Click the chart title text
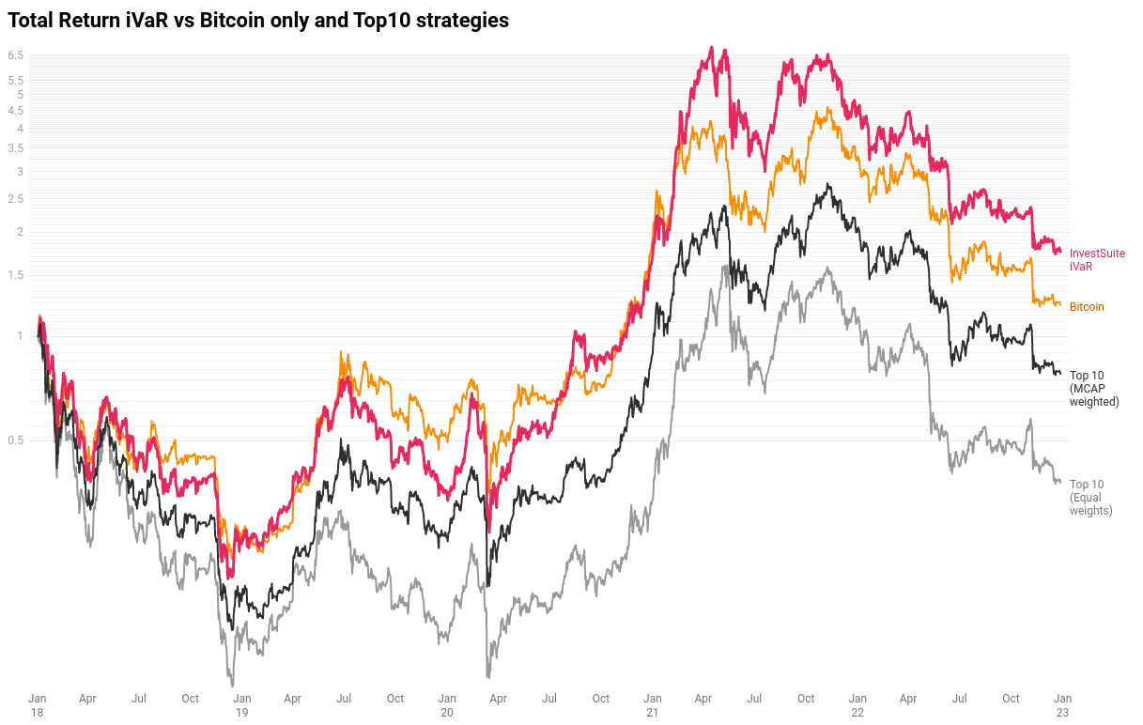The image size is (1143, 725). point(258,20)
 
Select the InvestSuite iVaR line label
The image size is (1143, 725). point(1097,260)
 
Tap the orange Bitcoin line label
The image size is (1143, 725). point(1087,307)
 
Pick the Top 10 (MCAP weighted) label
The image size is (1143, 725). point(1094,388)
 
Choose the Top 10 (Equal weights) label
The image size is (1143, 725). point(1090,498)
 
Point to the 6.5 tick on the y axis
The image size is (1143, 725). point(16,55)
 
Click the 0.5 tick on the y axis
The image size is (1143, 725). point(16,440)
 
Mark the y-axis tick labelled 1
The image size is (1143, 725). point(20,336)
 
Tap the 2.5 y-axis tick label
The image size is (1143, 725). point(16,199)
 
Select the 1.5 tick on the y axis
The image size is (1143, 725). point(16,275)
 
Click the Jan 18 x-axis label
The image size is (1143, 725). point(38,705)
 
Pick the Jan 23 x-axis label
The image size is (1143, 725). point(1062,705)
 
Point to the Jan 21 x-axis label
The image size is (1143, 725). point(653,705)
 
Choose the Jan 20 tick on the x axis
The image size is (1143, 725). point(447,705)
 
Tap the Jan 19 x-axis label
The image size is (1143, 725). point(242,705)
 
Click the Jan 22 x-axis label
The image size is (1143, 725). point(857,705)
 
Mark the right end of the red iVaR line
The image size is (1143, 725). point(1060,252)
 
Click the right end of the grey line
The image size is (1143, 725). point(1060,482)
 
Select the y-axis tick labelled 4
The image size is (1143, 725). point(20,129)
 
